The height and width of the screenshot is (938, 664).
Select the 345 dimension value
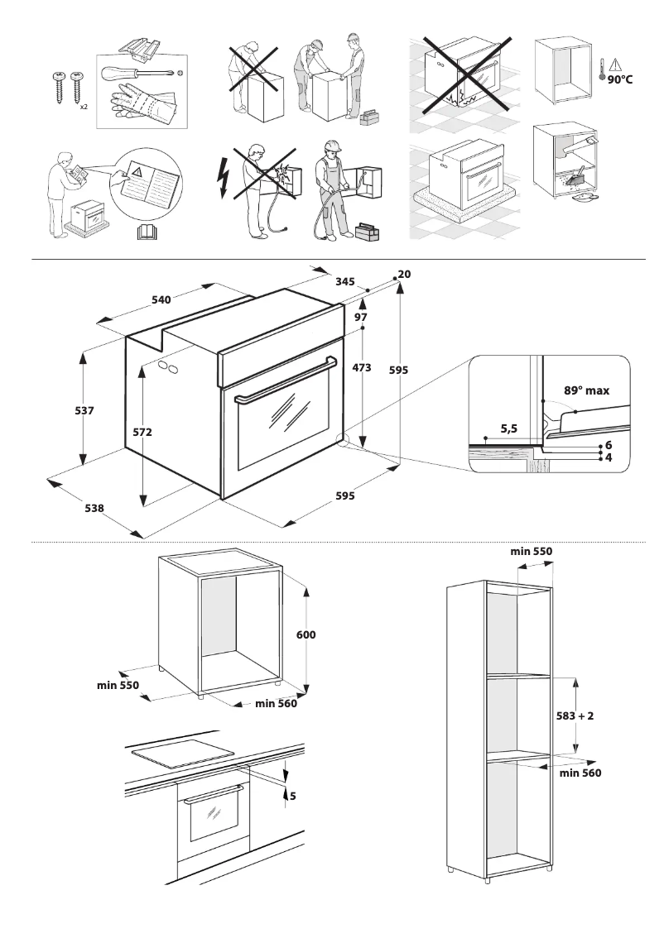click(x=345, y=282)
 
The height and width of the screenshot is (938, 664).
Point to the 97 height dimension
click(x=361, y=318)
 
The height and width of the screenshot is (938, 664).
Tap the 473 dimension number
click(x=361, y=368)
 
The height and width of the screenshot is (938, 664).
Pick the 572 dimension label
click(x=142, y=432)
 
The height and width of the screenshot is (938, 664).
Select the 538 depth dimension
click(x=94, y=508)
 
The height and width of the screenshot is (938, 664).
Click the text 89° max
click(x=586, y=390)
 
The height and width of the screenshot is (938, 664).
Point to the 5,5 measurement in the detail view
click(x=509, y=428)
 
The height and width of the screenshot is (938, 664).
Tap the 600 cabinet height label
click(x=306, y=635)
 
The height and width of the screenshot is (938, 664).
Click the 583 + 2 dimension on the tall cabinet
click(x=575, y=716)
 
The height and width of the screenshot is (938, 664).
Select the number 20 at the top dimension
click(x=404, y=274)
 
